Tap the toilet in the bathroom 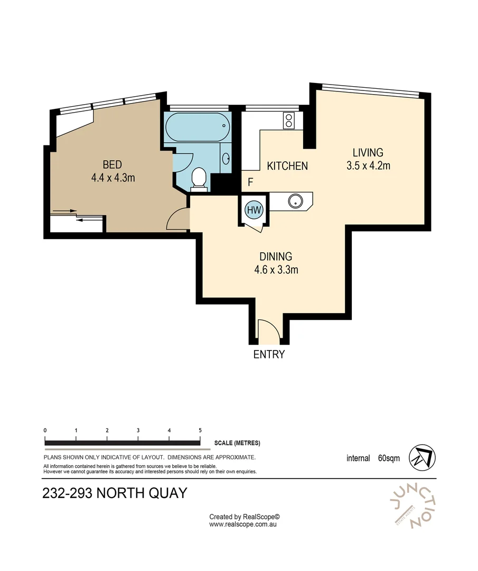coord(199,177)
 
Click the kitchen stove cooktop coord(289,121)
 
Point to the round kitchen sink coord(294,201)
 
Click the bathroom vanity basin coord(226,159)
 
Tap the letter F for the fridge coord(251,183)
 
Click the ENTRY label coord(269,355)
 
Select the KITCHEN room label coord(287,166)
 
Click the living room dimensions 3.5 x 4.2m coord(368,165)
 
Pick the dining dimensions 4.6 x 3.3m coord(276,270)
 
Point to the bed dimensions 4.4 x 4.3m coord(113,178)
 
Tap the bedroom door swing coord(178,219)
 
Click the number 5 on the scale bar coord(200,430)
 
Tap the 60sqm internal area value coord(389,458)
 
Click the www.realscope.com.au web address coord(243,524)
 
